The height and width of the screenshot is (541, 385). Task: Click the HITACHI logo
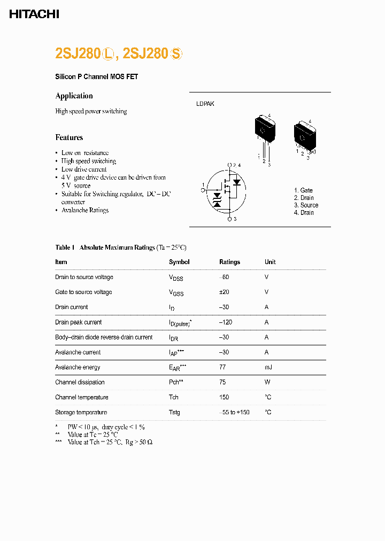pyautogui.click(x=34, y=14)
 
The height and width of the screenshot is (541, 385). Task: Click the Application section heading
pyautogui.click(x=74, y=96)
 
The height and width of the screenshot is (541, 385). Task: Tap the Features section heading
pyautogui.click(x=69, y=137)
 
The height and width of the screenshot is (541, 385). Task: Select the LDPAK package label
pyautogui.click(x=205, y=104)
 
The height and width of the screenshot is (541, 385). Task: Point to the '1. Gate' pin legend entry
pyautogui.click(x=303, y=190)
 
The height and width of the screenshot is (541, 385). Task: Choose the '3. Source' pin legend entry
pyautogui.click(x=306, y=205)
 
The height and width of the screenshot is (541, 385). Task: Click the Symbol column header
pyautogui.click(x=179, y=262)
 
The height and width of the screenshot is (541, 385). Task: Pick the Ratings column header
pyautogui.click(x=229, y=262)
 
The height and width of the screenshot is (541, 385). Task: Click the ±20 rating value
pyautogui.click(x=225, y=292)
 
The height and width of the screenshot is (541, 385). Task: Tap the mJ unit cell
pyautogui.click(x=268, y=367)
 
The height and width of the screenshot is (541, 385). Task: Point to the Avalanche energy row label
pyautogui.click(x=78, y=367)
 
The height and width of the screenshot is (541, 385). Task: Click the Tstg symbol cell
pyautogui.click(x=174, y=412)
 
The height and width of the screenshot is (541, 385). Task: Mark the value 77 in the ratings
pyautogui.click(x=222, y=367)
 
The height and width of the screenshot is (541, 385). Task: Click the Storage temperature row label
pyautogui.click(x=81, y=412)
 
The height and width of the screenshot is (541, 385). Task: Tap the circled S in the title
pyautogui.click(x=176, y=54)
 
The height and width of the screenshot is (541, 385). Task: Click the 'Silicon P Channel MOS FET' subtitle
pyautogui.click(x=96, y=77)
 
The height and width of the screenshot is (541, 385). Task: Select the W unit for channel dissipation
pyautogui.click(x=267, y=382)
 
